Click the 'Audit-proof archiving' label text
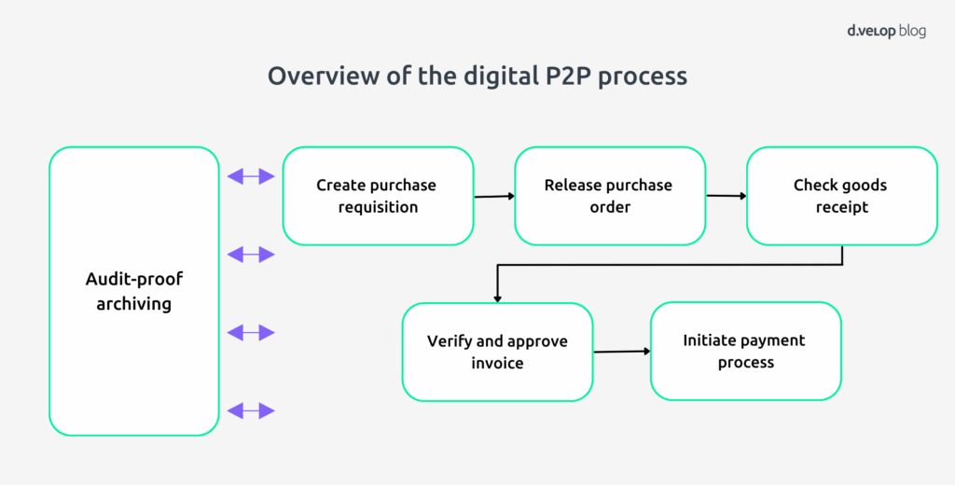tap(133, 291)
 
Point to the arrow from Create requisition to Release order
tap(494, 196)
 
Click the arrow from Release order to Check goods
tap(727, 196)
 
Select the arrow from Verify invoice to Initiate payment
tap(621, 351)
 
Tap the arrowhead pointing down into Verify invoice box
tap(497, 297)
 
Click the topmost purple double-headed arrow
tap(251, 175)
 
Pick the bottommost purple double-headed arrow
tap(251, 410)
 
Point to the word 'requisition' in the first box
tap(378, 207)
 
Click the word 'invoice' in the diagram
tap(497, 363)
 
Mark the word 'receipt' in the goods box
tap(841, 207)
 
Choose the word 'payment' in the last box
tap(770, 340)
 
